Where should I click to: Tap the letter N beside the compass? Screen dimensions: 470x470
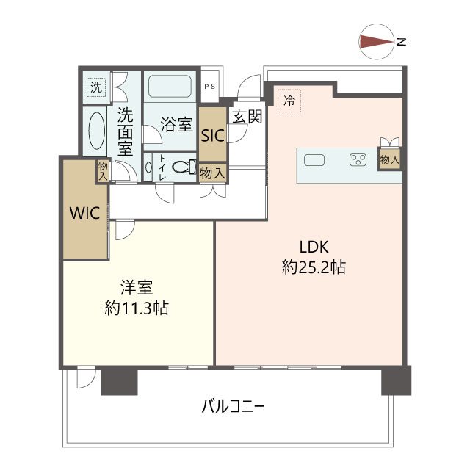(x=401, y=42)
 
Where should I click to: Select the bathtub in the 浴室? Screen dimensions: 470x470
(x=170, y=86)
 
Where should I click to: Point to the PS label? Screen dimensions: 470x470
(x=210, y=87)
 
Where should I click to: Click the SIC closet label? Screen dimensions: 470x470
(x=213, y=135)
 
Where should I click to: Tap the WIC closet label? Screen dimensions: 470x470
(x=85, y=213)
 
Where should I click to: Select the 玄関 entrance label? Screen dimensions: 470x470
(x=247, y=116)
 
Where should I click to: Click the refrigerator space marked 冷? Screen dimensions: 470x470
(x=289, y=101)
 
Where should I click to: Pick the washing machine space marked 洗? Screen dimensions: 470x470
(x=96, y=87)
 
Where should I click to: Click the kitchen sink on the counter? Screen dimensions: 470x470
(x=314, y=160)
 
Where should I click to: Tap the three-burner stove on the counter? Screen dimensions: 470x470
(x=358, y=160)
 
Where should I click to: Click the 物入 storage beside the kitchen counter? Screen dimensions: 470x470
(x=390, y=159)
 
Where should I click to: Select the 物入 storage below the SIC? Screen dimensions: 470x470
(x=212, y=173)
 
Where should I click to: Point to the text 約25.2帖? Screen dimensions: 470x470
(x=314, y=267)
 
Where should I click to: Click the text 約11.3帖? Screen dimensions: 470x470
(x=137, y=308)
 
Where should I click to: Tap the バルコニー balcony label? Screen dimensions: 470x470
(x=234, y=407)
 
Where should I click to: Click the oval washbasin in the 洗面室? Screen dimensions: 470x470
(x=96, y=131)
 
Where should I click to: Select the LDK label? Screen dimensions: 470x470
(x=314, y=247)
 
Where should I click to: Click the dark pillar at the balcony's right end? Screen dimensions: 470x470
(x=397, y=380)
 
